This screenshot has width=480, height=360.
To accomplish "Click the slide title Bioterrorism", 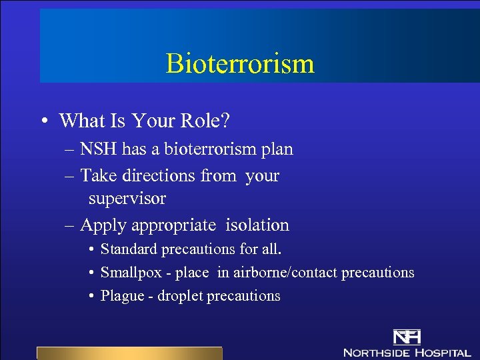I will point(240,64).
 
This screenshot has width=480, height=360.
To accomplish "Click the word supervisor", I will point(127,199).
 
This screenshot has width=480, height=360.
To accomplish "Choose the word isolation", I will point(257,225).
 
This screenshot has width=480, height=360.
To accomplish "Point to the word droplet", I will point(180,296).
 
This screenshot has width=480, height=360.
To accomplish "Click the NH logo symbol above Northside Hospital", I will point(407,337).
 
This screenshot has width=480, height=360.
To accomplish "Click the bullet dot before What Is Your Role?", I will point(43,121).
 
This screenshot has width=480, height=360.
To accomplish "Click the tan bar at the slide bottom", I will point(129,353).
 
